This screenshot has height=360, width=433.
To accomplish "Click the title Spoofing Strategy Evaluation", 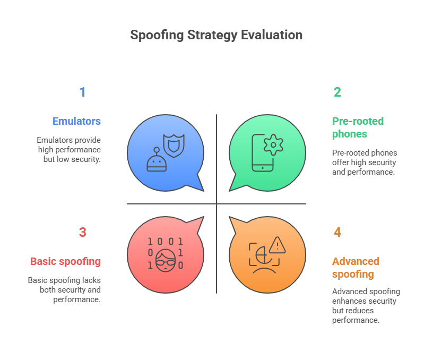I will (x=216, y=36).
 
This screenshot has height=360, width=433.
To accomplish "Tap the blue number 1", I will (x=82, y=92).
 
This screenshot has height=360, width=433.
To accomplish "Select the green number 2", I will (x=337, y=92).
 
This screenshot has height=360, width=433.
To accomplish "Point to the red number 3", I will (x=82, y=233).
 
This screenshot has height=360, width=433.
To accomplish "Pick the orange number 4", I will (x=337, y=233).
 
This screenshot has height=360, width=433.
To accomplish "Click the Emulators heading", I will (x=76, y=121).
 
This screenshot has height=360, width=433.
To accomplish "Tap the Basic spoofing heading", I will (x=65, y=261).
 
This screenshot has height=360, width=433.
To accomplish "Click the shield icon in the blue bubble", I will (x=174, y=144).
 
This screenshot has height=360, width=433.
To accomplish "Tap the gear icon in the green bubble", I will (x=273, y=144).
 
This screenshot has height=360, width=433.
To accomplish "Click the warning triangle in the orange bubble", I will (x=277, y=245).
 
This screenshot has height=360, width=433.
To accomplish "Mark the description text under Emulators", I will (x=69, y=149).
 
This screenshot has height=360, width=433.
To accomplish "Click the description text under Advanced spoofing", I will (x=366, y=306).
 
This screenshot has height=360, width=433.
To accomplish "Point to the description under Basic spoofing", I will (x=65, y=289).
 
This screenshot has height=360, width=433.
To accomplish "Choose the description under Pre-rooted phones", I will (x=364, y=162).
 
